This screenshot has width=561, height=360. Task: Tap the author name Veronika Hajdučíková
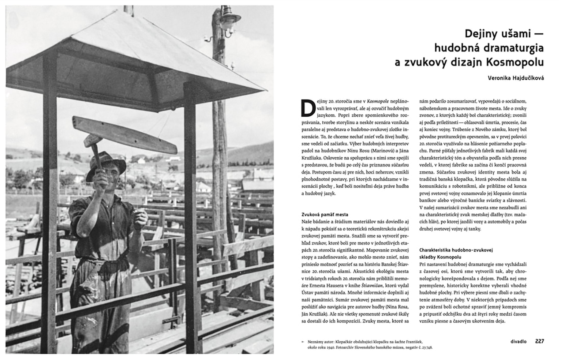coord(516,78)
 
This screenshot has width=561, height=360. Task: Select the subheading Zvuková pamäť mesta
coord(325,215)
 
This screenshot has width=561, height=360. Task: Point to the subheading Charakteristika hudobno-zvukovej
coord(456,250)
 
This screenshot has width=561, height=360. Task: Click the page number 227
coord(539,341)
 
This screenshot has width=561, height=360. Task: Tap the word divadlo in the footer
coord(518,341)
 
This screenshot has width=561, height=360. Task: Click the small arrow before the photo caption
coord(303,342)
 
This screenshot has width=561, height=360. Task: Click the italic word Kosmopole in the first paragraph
coord(378,101)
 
